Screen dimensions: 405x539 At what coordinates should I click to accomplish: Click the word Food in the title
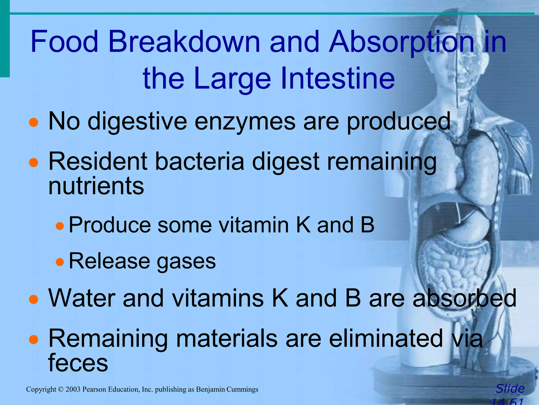coord(64,42)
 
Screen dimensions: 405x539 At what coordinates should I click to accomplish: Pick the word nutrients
coord(96,186)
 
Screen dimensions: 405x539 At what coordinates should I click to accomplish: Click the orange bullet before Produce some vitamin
coord(60,226)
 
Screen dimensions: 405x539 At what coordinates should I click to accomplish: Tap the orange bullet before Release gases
coord(60,262)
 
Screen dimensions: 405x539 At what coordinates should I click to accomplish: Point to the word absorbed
coord(464,298)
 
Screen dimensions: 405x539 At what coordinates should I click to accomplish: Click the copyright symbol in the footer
coord(61,389)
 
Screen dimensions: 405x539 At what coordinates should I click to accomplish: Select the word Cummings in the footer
coord(242,389)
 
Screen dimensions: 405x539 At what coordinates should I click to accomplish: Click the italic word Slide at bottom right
coord(510,389)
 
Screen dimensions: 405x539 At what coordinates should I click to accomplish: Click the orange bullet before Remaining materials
coord(34,340)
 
